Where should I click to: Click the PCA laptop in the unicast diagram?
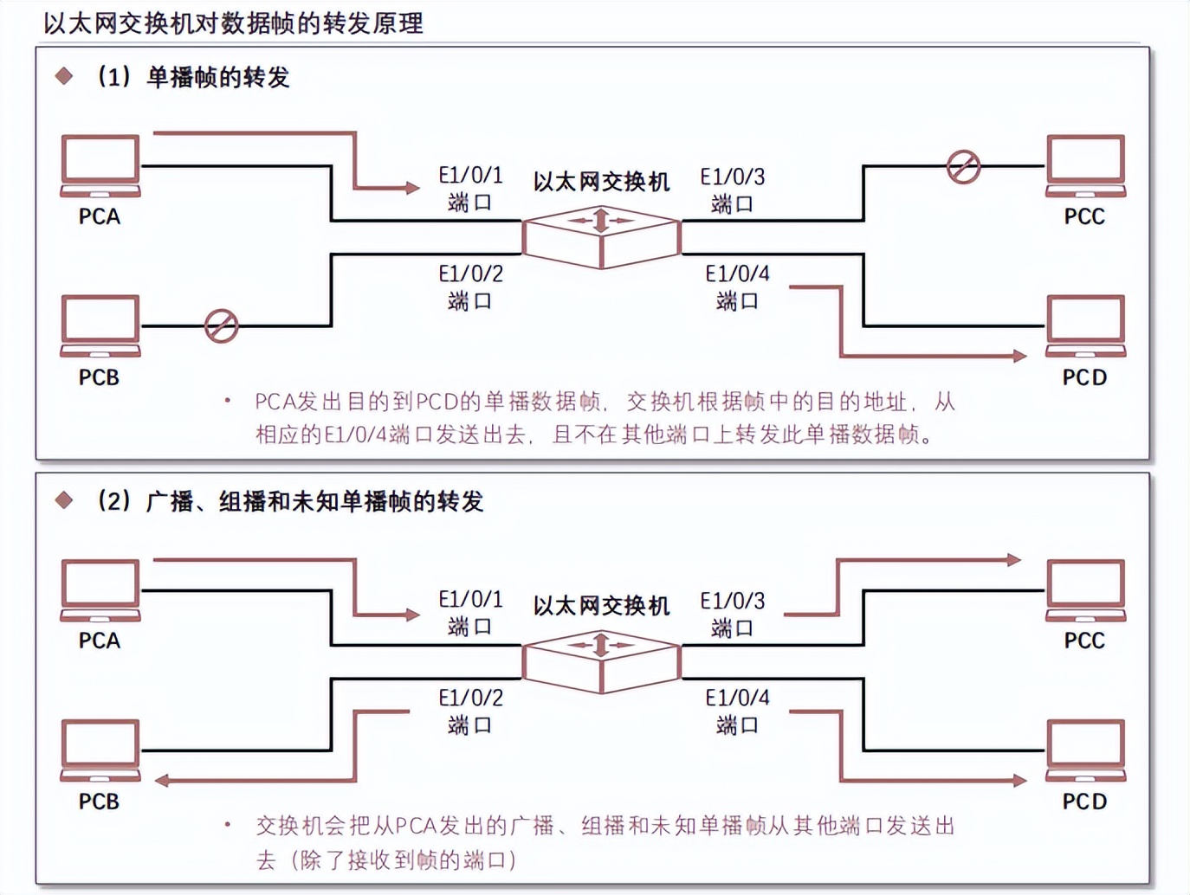pyautogui.click(x=100, y=165)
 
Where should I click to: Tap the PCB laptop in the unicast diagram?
pyautogui.click(x=100, y=325)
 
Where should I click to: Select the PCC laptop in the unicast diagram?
pyautogui.click(x=1085, y=165)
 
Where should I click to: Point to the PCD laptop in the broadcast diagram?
pyautogui.click(x=1085, y=750)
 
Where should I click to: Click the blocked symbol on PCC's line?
pyautogui.click(x=963, y=166)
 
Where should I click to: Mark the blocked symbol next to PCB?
pyautogui.click(x=221, y=326)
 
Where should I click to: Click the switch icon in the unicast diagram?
pyautogui.click(x=601, y=236)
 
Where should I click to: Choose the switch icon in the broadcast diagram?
pyautogui.click(x=601, y=661)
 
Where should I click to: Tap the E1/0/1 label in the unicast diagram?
pyautogui.click(x=470, y=176)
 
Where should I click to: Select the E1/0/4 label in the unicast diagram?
pyautogui.click(x=737, y=274)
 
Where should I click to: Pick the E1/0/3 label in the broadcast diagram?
pyautogui.click(x=733, y=601)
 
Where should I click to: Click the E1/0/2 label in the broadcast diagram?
pyautogui.click(x=470, y=698)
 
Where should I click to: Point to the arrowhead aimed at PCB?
pyautogui.click(x=162, y=781)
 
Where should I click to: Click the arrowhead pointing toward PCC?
pyautogui.click(x=1014, y=560)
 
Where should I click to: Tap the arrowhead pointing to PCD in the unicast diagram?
pyautogui.click(x=1019, y=356)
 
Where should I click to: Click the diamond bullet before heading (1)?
pyautogui.click(x=64, y=76)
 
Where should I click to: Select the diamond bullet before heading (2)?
pyautogui.click(x=64, y=500)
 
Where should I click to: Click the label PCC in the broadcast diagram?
pyautogui.click(x=1084, y=641)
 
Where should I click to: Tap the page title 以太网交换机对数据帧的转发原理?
pyautogui.click(x=233, y=23)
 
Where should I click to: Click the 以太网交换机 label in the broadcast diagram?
pyautogui.click(x=601, y=606)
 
